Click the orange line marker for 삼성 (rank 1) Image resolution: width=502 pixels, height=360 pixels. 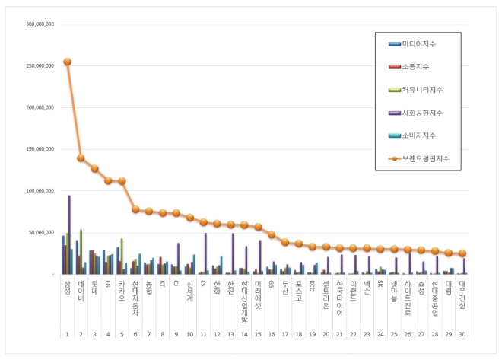pos(67,62)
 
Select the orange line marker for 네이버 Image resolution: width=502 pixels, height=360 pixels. pos(81,158)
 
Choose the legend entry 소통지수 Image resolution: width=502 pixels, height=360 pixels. pos(419,67)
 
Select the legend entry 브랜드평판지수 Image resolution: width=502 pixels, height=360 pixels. pos(427,159)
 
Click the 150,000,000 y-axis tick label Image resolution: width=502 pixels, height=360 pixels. pos(40,149)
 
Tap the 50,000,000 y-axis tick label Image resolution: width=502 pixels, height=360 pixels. pos(41,232)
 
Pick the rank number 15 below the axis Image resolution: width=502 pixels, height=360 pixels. pos(258,333)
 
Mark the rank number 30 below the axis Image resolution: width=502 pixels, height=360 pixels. pos(462,333)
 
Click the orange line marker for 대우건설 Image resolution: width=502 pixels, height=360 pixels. pos(462,253)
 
